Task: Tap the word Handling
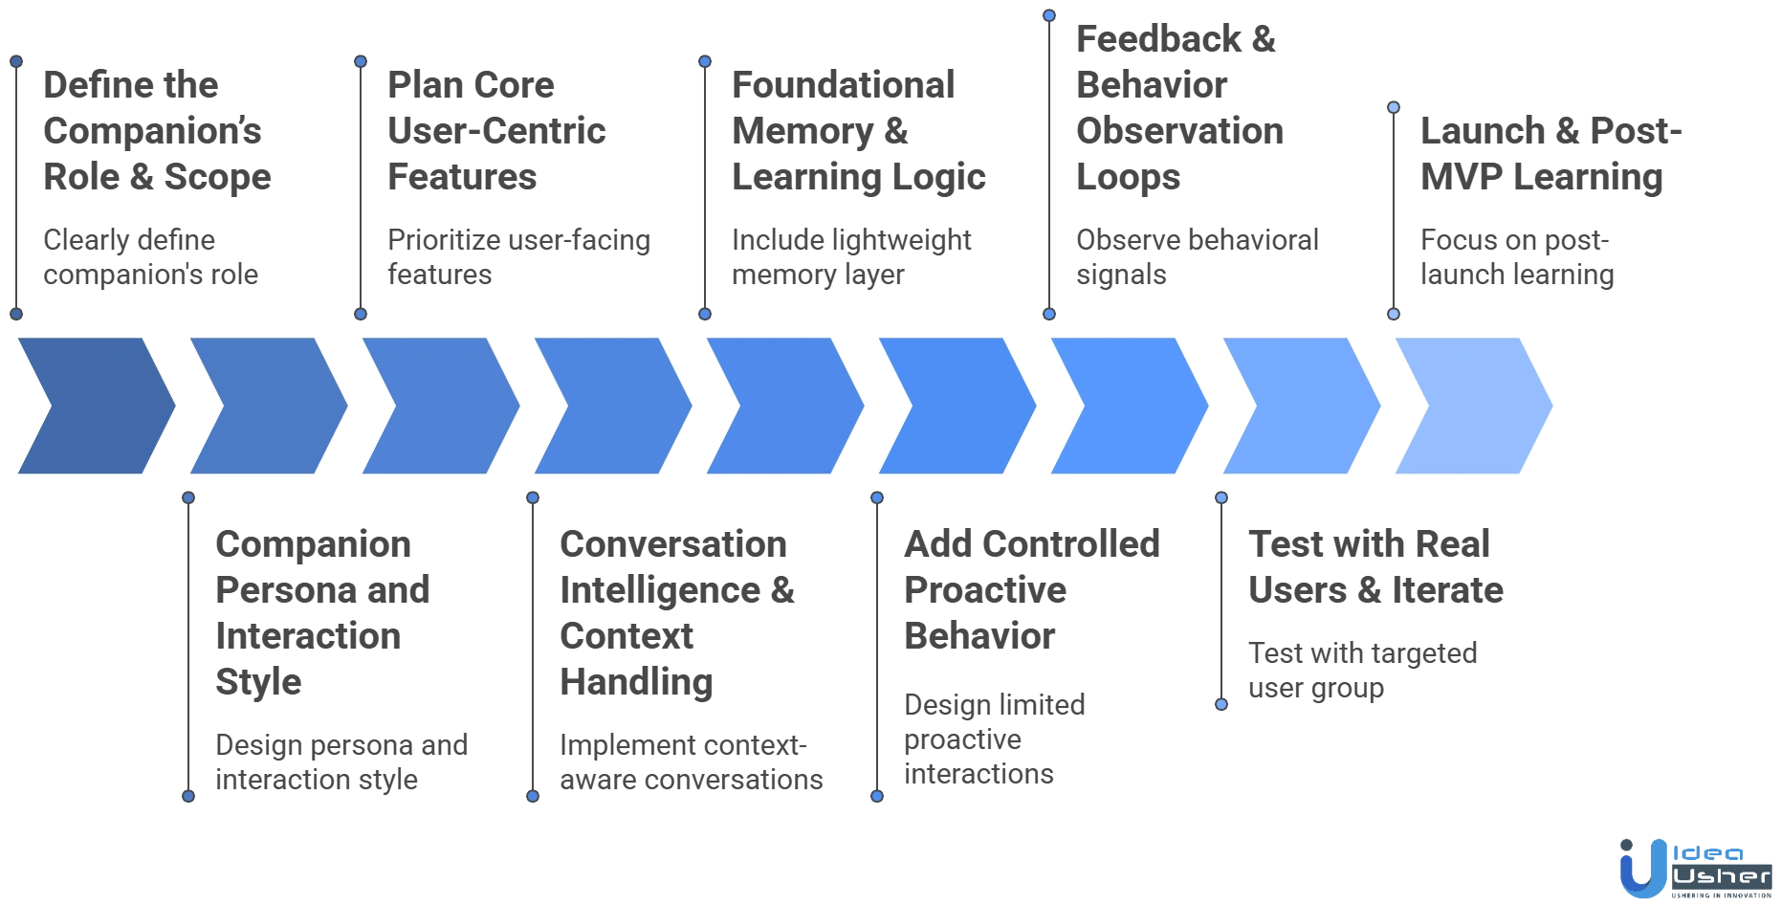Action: pyautogui.click(x=637, y=682)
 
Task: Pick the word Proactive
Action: pyautogui.click(x=986, y=590)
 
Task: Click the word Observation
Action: pyautogui.click(x=1177, y=131)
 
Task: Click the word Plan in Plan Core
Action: pyautogui.click(x=417, y=85)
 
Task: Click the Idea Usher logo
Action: pyautogui.click(x=1693, y=866)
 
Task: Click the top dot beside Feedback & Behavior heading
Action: pyautogui.click(x=1049, y=15)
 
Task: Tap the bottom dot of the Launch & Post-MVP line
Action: pyautogui.click(x=1394, y=314)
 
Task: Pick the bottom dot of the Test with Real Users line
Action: pyautogui.click(x=1220, y=704)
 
